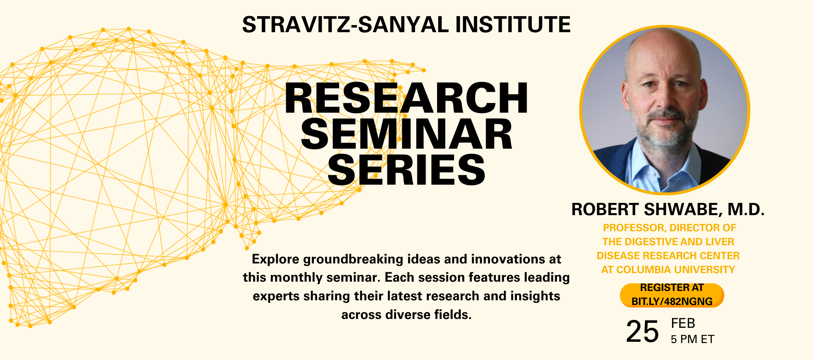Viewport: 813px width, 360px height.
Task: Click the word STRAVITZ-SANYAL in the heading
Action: tap(345, 25)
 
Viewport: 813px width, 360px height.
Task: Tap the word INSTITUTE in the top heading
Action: tap(513, 25)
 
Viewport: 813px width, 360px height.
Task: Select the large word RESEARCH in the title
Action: tap(406, 98)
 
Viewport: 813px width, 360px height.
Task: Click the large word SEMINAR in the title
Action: tap(406, 135)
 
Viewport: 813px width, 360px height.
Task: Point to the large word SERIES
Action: tap(406, 170)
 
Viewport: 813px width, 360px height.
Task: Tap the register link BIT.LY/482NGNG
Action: tap(672, 302)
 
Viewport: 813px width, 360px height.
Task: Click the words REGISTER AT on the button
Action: tap(672, 288)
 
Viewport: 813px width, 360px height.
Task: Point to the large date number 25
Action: tap(642, 332)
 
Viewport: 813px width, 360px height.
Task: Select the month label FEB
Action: tap(683, 324)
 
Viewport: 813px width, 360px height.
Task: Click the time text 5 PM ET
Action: tap(692, 339)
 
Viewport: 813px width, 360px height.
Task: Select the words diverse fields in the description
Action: tap(428, 315)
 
